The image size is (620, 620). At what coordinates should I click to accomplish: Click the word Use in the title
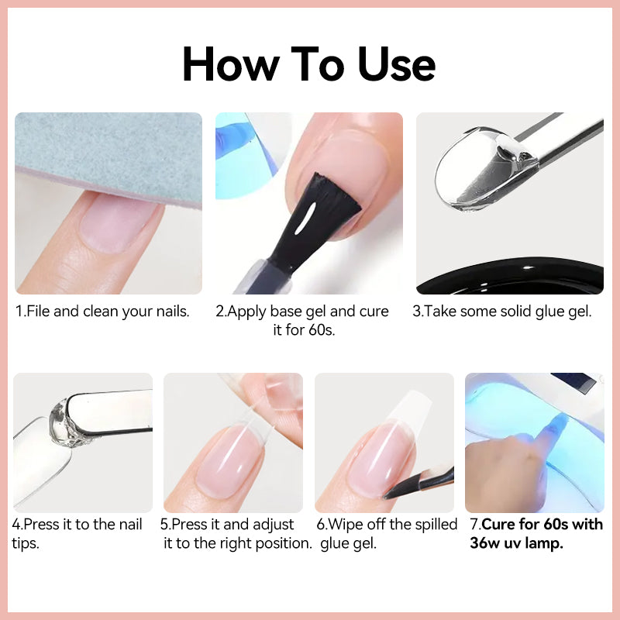[x=396, y=64]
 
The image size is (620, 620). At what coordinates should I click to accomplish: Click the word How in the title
[x=231, y=64]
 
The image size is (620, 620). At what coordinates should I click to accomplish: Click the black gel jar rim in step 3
[x=510, y=277]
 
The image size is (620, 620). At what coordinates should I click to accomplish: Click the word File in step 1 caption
[x=38, y=312]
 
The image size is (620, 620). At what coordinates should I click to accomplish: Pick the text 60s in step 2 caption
[x=322, y=330]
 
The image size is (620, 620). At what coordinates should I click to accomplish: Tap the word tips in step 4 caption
[x=26, y=544]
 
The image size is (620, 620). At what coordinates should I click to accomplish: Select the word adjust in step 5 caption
[x=274, y=525]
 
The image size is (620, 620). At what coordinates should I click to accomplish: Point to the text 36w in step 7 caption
[x=485, y=543]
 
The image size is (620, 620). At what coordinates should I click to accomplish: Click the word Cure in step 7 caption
[x=499, y=525]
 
